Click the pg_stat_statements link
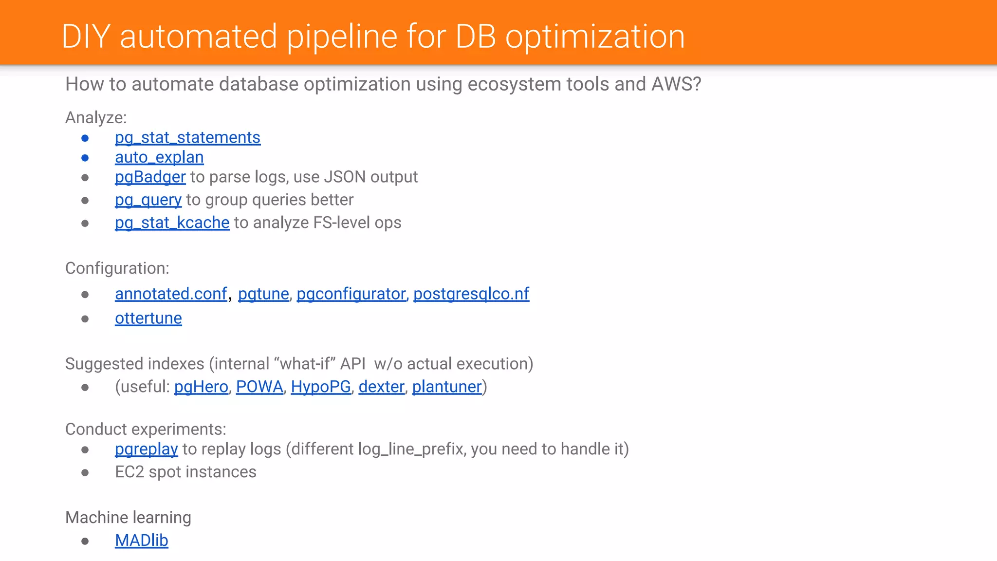[x=187, y=138]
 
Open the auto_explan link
[x=159, y=157]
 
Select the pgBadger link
[x=150, y=177]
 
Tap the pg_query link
[x=148, y=200]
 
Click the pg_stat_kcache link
[x=172, y=223]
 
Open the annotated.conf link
[x=171, y=294]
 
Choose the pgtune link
[x=263, y=294]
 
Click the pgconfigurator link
[x=351, y=294]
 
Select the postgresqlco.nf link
[x=471, y=294]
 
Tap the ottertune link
[x=148, y=318]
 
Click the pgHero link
[x=201, y=387]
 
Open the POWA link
[x=259, y=387]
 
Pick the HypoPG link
[x=320, y=387]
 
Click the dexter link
[x=381, y=387]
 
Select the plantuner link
[x=446, y=387]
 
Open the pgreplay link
[x=146, y=449]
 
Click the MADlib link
[x=141, y=541]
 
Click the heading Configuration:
[x=117, y=268]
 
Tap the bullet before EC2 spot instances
[x=85, y=472]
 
